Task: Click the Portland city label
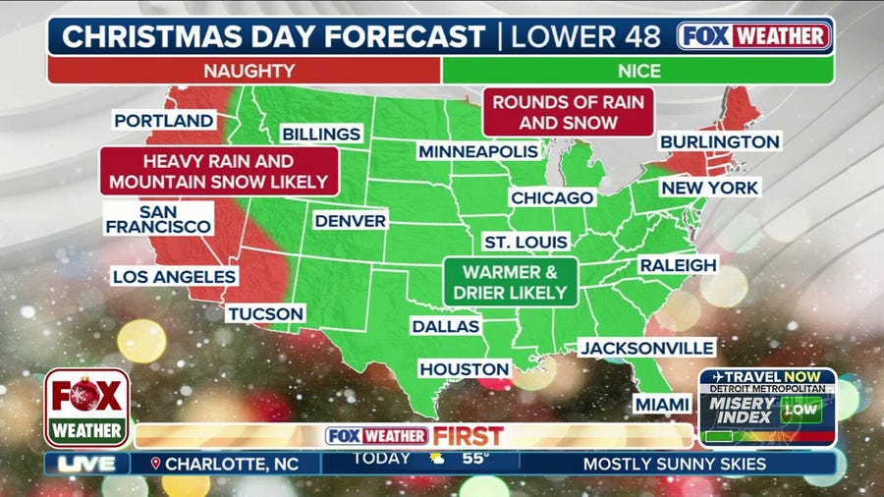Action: [x=164, y=121]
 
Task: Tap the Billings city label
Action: [x=321, y=134]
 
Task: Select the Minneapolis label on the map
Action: [x=478, y=151]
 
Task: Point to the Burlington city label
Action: [x=719, y=141]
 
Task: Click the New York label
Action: [x=709, y=187]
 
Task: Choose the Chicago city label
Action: [x=552, y=197]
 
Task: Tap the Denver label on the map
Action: [x=350, y=221]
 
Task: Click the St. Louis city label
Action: [x=526, y=242]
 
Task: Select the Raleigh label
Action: [x=678, y=265]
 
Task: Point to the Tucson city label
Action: [x=266, y=313]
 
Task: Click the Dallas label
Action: [x=446, y=326]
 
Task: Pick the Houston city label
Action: [x=465, y=369]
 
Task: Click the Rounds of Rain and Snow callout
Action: [x=569, y=112]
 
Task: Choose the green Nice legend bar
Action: [x=637, y=71]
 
